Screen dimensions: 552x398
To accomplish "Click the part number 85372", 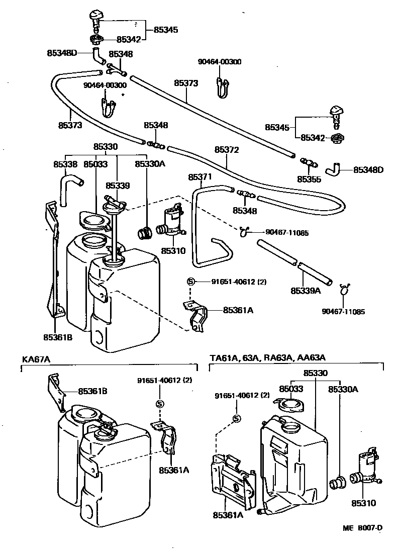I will pos(227,150).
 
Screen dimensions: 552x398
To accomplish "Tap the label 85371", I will pos(201,177).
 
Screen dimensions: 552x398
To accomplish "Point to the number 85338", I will pos(65,164).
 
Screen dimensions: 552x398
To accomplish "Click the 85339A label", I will pos(306,291).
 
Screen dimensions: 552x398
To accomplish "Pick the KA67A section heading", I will pos(37,359).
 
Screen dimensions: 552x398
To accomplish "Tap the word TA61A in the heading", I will pos(222,358).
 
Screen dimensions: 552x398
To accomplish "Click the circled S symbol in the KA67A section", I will pos(159,403).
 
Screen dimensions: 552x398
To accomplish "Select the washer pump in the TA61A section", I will pos(366,468).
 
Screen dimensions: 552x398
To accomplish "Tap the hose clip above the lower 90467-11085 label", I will pos(344,289).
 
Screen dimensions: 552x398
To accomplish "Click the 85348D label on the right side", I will pos(368,169).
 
